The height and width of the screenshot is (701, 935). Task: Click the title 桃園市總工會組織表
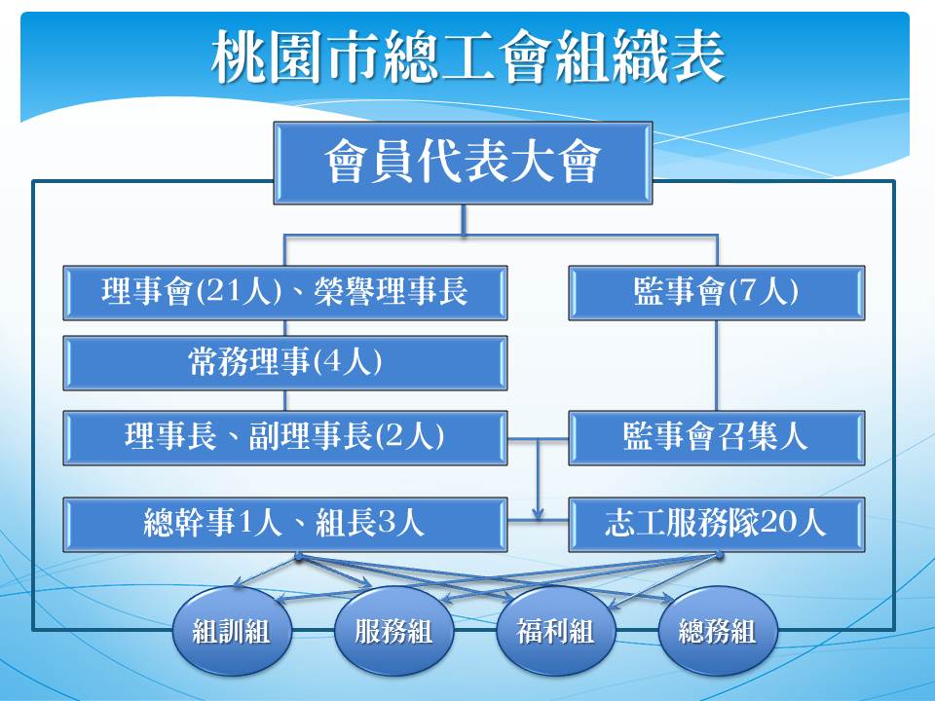click(x=468, y=57)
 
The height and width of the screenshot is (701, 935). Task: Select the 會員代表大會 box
click(x=463, y=163)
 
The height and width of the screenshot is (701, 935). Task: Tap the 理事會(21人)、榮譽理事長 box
click(x=285, y=293)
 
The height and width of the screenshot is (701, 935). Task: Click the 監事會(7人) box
click(x=716, y=293)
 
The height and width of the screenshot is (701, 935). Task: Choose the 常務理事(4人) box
click(x=285, y=363)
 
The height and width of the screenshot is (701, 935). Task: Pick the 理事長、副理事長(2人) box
click(x=285, y=437)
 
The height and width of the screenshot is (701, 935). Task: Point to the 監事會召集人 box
click(x=716, y=437)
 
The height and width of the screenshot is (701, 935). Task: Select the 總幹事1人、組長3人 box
click(x=285, y=524)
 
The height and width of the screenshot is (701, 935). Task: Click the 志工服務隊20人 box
click(x=716, y=524)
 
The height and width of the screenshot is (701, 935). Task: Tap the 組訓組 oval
click(x=232, y=631)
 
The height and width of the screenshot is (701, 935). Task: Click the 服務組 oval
click(x=393, y=631)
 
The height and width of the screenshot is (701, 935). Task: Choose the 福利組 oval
click(x=555, y=631)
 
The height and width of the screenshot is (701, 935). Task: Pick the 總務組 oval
click(x=718, y=631)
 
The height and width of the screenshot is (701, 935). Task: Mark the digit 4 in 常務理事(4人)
click(x=331, y=363)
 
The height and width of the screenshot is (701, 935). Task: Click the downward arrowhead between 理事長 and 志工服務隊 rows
click(x=539, y=513)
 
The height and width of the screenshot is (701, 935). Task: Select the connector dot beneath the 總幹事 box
click(x=299, y=556)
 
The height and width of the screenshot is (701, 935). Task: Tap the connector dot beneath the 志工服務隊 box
click(x=719, y=556)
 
